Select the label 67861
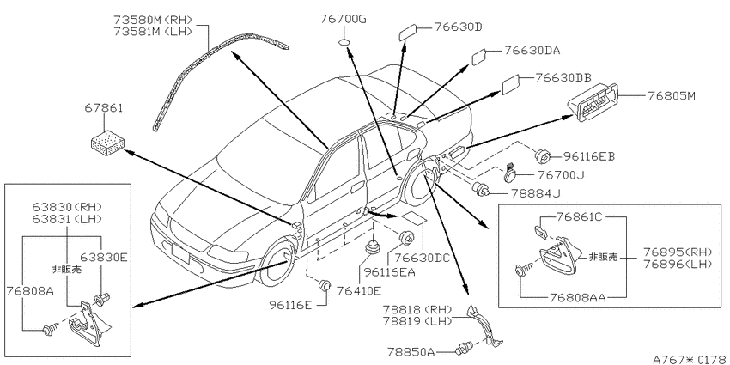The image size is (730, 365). tap(103, 108)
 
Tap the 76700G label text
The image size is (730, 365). tap(344, 19)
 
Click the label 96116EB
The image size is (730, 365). tap(589, 157)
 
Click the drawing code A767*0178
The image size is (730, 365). tap(690, 359)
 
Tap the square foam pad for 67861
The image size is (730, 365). tap(107, 141)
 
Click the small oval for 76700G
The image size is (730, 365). tap(344, 44)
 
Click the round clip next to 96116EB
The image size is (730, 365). tap(543, 156)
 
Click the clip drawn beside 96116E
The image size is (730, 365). tap(325, 284)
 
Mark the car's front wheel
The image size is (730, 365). tap(277, 264)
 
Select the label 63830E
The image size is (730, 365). tap(103, 257)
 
